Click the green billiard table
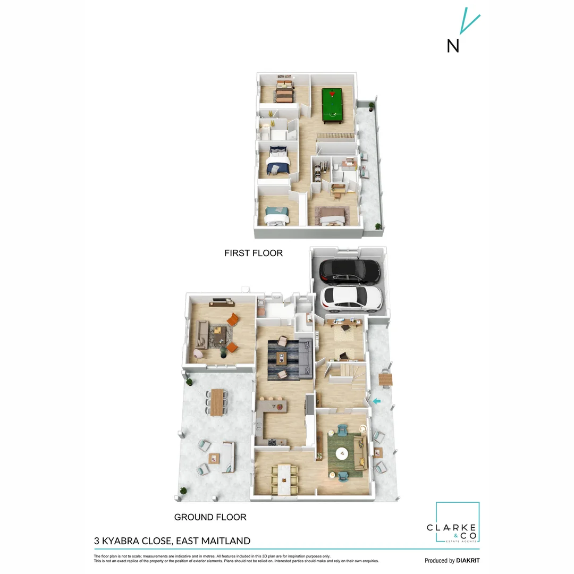[x=332, y=106]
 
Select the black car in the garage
[x=350, y=271]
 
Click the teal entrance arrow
[x=377, y=401]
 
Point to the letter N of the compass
[x=453, y=46]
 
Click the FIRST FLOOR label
[x=254, y=253]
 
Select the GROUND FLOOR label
[x=210, y=517]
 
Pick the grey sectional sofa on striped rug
[x=305, y=358]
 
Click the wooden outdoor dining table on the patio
[x=217, y=402]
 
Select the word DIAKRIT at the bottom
[x=468, y=560]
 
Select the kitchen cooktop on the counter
[x=273, y=442]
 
